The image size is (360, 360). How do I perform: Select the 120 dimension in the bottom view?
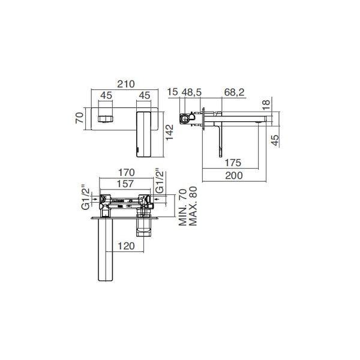coord(126,245)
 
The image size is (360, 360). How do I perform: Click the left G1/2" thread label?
coord(85,197)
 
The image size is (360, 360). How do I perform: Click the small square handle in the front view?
coord(106,114)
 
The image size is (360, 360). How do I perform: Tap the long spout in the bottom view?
coord(104,252)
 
